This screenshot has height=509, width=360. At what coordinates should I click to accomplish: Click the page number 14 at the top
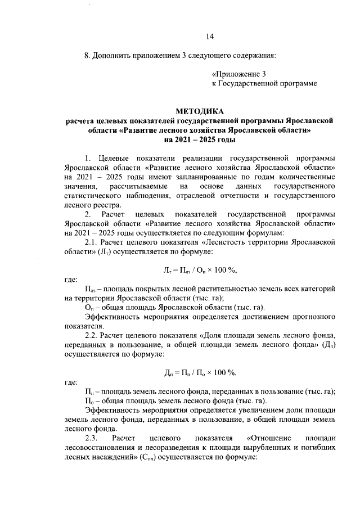pyautogui.click(x=209, y=37)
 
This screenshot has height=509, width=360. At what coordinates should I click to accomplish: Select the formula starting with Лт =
pyautogui.click(x=200, y=270)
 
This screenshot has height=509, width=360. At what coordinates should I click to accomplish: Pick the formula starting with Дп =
pyautogui.click(x=200, y=372)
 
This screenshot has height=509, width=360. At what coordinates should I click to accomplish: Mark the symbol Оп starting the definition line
pyautogui.click(x=89, y=307)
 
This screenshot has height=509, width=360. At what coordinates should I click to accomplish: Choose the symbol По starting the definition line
pyautogui.click(x=89, y=400)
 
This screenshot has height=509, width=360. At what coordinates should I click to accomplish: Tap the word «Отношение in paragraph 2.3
pyautogui.click(x=267, y=438)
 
